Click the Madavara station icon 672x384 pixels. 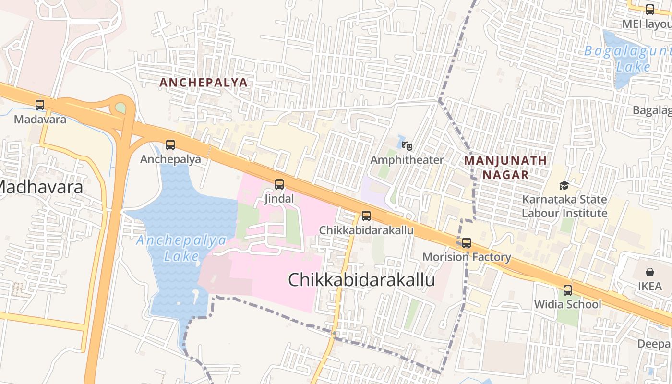point(40,105)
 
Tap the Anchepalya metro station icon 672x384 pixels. point(170,144)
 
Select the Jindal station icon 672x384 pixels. point(279,184)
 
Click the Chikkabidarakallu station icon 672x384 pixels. point(366,216)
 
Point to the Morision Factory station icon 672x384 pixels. point(467,242)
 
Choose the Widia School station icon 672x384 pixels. point(568,290)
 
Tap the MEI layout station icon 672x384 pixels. point(650,9)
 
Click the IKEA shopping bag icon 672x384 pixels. point(649,272)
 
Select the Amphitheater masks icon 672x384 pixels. point(407,145)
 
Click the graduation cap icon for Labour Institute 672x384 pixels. point(564,185)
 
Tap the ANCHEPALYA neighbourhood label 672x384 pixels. point(204,83)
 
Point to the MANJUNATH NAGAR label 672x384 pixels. point(505,167)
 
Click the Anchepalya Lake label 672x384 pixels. point(181,248)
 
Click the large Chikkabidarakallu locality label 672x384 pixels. point(361,280)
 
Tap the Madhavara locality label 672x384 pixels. point(41,187)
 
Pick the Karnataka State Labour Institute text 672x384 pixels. point(564,206)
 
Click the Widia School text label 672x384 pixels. point(568,304)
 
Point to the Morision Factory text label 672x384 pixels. point(467,257)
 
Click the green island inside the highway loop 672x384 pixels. point(120,108)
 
